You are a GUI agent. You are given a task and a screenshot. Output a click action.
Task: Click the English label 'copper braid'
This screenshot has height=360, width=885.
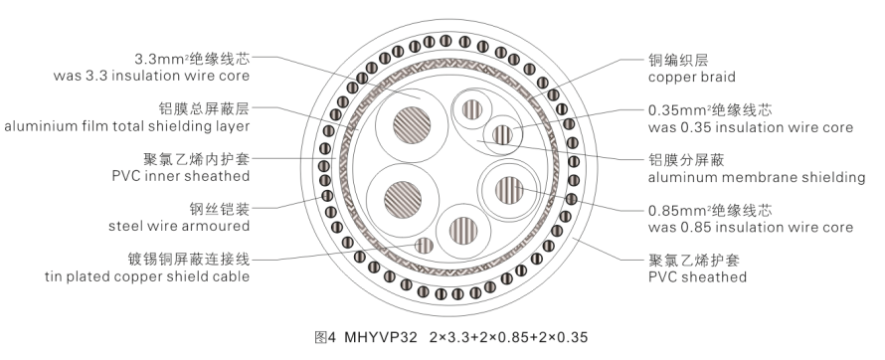point(691,78)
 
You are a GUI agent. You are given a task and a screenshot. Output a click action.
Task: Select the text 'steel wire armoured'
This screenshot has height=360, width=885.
point(179,227)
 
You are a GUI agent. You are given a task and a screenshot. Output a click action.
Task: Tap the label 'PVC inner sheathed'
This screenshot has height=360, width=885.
point(181,176)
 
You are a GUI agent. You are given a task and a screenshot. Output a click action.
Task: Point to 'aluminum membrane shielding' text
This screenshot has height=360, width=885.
point(757,178)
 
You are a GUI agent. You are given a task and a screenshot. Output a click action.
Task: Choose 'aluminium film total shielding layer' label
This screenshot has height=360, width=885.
point(127,126)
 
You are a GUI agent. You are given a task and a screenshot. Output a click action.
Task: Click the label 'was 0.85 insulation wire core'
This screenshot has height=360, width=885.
point(751,228)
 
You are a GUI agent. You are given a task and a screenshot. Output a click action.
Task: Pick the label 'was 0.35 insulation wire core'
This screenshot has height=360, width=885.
point(751,127)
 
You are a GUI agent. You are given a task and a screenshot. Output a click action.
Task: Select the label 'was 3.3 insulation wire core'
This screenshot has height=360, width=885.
point(151,76)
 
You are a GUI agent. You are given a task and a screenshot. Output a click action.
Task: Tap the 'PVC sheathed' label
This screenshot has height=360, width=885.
point(697,277)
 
